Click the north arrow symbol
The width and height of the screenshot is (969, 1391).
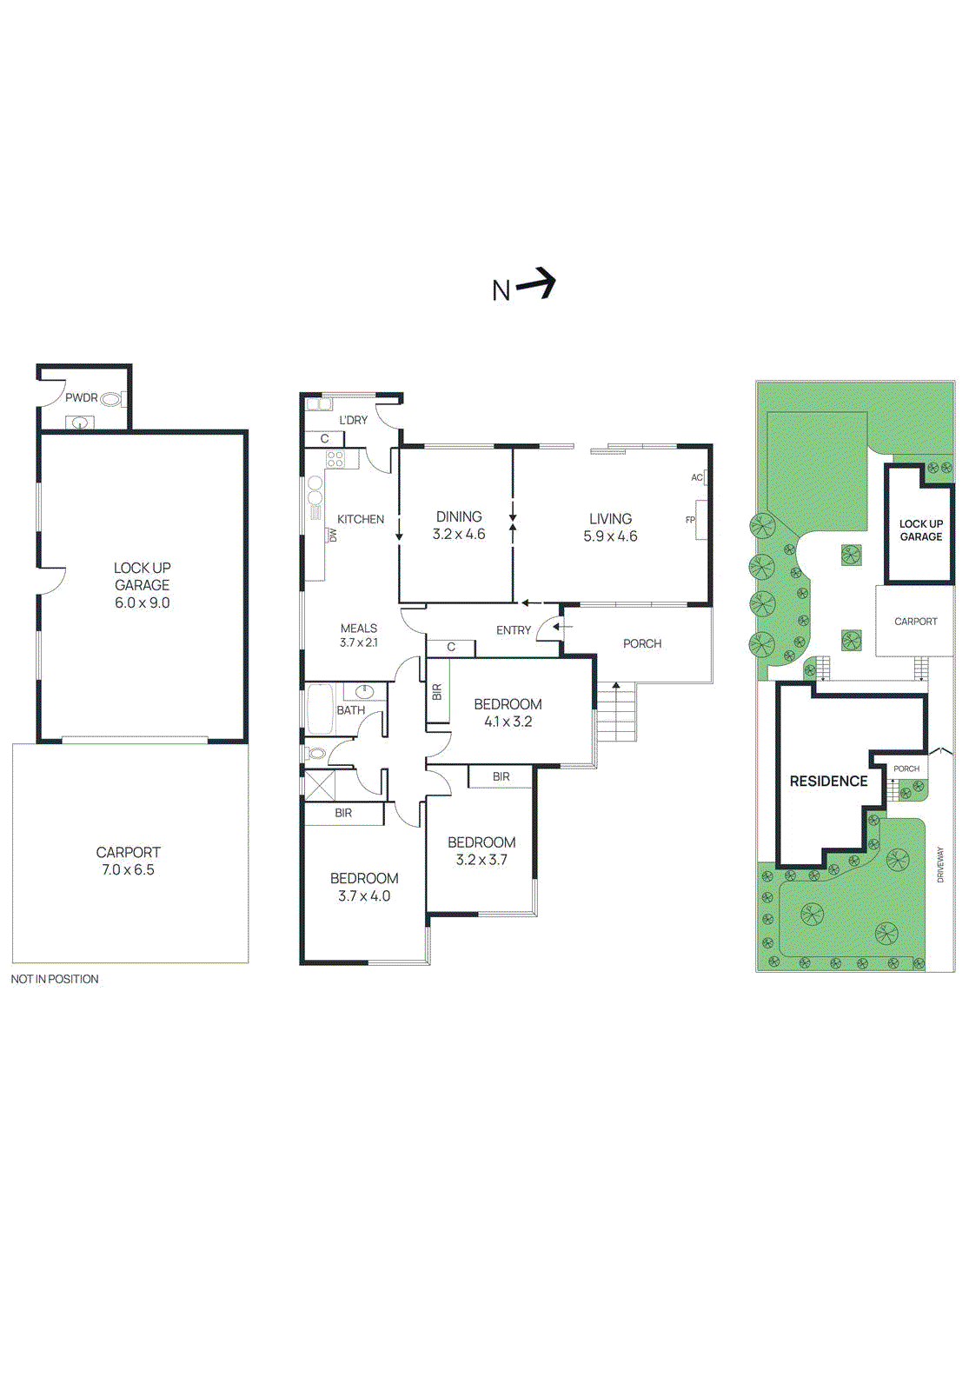535,283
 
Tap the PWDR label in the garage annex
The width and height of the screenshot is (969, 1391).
82,398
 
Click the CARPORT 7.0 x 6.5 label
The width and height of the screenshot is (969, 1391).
129,861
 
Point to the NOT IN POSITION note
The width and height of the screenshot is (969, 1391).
55,979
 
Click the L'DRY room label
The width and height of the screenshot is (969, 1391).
353,420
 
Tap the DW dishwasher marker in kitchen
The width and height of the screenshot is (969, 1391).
333,536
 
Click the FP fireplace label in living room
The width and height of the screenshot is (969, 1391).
690,520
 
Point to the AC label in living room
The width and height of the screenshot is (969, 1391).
696,477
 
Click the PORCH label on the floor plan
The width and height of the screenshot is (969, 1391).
642,643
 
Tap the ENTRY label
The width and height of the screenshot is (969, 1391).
514,630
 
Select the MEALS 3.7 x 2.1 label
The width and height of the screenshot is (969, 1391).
359,635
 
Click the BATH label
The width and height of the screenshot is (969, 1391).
351,710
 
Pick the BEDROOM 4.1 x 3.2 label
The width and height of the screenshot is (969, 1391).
508,713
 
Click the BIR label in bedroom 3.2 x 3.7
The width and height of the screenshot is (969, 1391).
501,776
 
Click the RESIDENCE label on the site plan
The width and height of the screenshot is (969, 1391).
828,781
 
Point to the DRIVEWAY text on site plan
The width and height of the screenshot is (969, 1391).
940,865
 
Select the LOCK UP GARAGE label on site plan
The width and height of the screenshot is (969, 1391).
920,530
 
